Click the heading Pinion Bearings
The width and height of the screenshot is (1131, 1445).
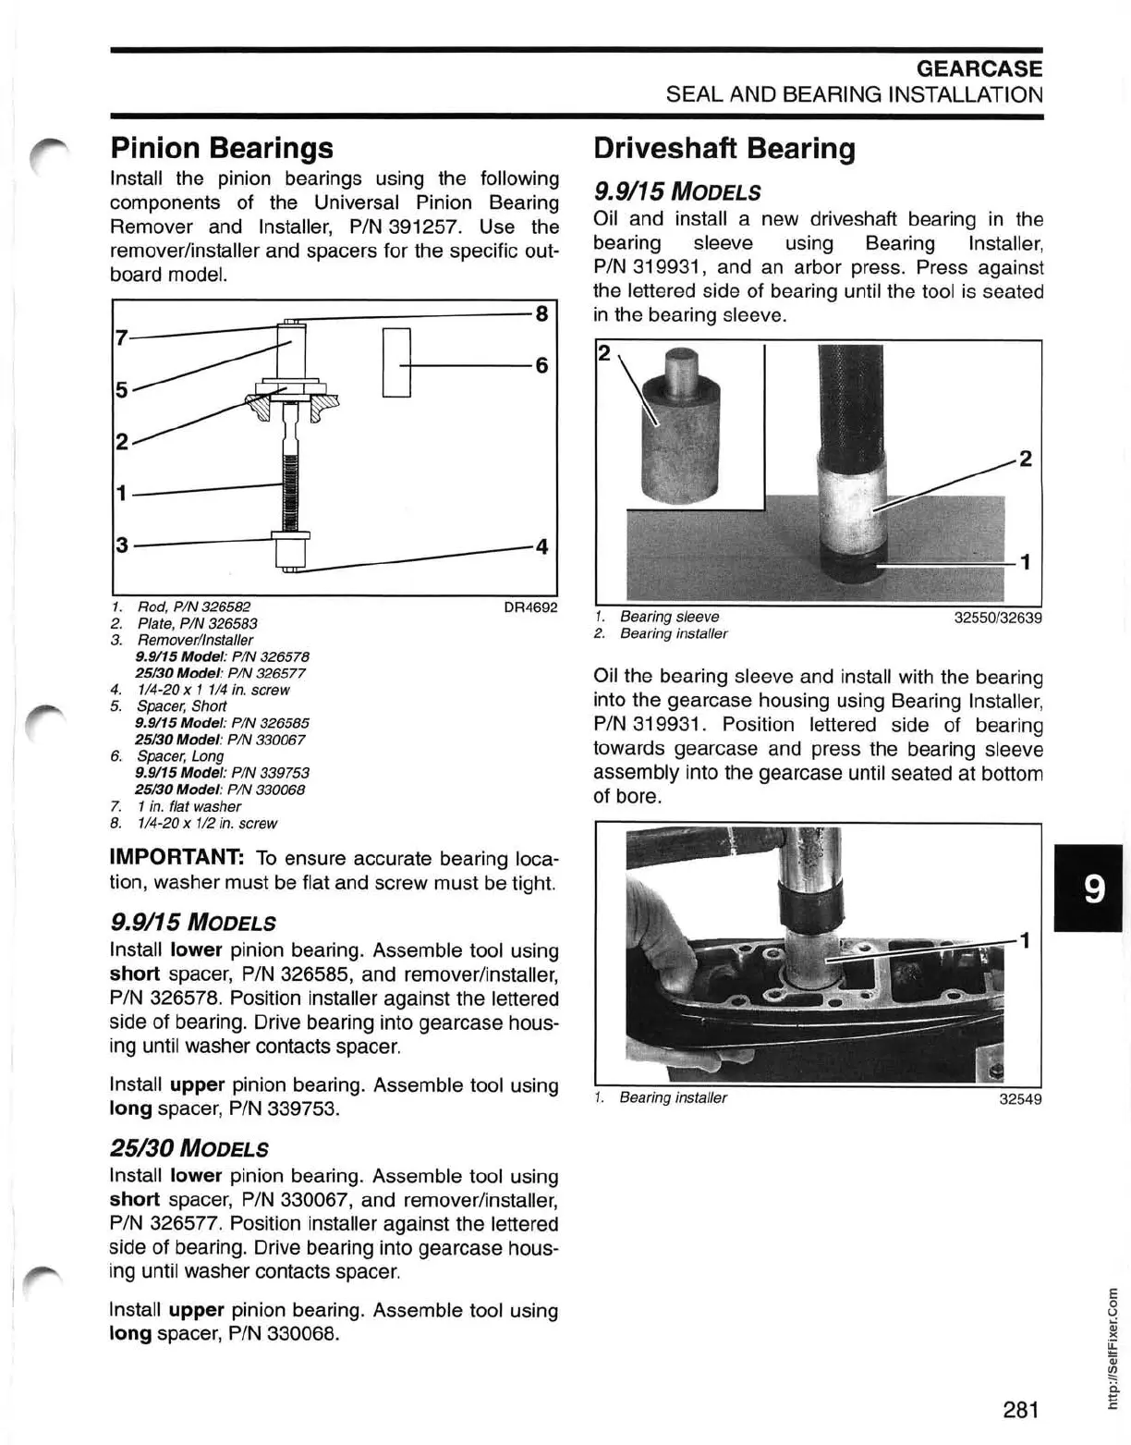[x=222, y=148]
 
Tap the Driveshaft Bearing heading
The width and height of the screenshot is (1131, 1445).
[x=724, y=148]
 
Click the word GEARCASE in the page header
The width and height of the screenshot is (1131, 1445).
[x=979, y=68]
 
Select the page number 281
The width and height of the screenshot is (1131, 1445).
[x=1020, y=1383]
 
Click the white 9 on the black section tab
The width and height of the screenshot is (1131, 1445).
[x=1092, y=890]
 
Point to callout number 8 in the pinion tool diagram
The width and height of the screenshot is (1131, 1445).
[x=542, y=313]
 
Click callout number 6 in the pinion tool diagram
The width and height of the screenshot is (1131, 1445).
[x=542, y=365]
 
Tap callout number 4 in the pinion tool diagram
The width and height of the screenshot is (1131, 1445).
[x=542, y=546]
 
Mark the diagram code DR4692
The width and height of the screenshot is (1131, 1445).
[x=529, y=608]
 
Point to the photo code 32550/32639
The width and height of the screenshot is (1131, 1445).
[x=998, y=617]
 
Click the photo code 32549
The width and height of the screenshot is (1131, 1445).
[x=1020, y=1099]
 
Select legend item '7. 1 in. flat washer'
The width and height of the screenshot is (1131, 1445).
[x=188, y=806]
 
